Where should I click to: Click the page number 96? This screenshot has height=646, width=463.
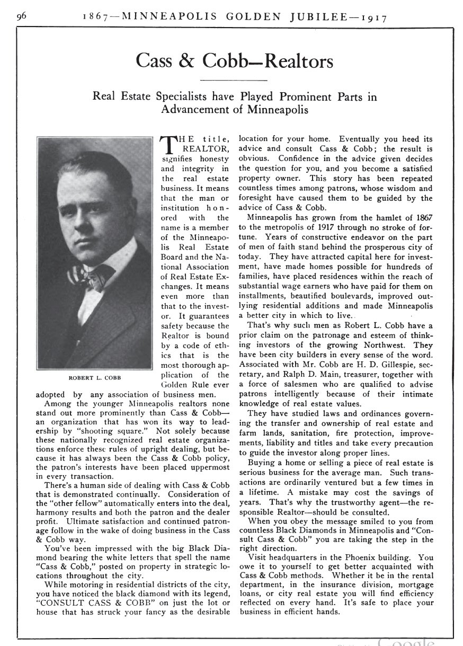[x=22, y=16]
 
